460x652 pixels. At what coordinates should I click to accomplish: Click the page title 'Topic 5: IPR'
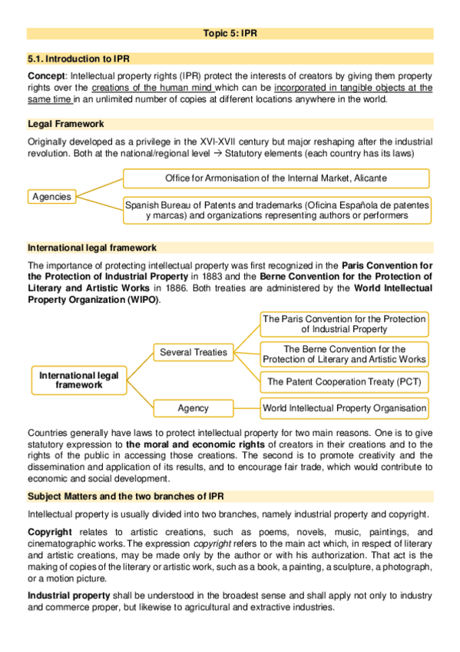click(x=230, y=34)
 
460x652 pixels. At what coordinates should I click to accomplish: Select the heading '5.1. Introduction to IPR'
click(x=74, y=58)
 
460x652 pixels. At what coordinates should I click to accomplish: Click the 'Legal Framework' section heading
click(x=66, y=124)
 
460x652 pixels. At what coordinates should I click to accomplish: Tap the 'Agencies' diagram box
click(x=51, y=197)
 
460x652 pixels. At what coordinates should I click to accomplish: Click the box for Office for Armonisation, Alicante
click(x=276, y=178)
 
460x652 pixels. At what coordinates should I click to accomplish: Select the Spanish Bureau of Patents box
click(x=277, y=211)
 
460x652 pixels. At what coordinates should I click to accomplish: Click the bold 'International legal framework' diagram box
click(x=79, y=380)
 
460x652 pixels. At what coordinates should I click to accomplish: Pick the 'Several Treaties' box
click(x=194, y=352)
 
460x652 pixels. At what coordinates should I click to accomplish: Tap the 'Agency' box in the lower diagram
click(x=194, y=407)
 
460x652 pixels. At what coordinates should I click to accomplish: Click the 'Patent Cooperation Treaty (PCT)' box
click(x=344, y=381)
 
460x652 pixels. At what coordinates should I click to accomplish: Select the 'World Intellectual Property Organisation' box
click(x=344, y=407)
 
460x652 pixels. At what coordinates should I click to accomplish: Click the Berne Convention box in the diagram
click(x=344, y=354)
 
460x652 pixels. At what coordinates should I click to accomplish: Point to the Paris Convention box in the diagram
click(x=344, y=324)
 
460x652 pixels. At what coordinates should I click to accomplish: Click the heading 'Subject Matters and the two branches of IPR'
click(x=127, y=496)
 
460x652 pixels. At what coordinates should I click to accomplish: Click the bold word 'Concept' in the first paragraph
click(x=46, y=77)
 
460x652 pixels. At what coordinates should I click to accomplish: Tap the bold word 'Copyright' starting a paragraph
click(x=50, y=532)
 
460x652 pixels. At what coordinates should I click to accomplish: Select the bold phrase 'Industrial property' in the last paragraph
click(x=69, y=596)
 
